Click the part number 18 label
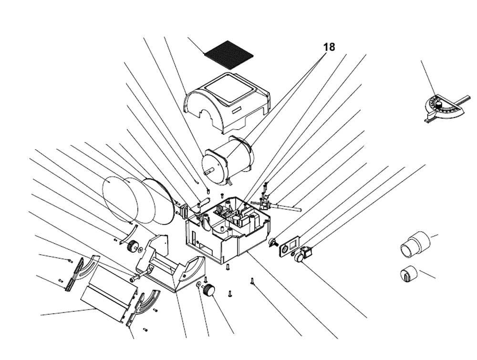click(329, 47)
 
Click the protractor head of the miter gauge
click(441, 107)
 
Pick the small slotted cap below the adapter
click(407, 274)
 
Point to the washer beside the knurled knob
click(198, 285)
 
